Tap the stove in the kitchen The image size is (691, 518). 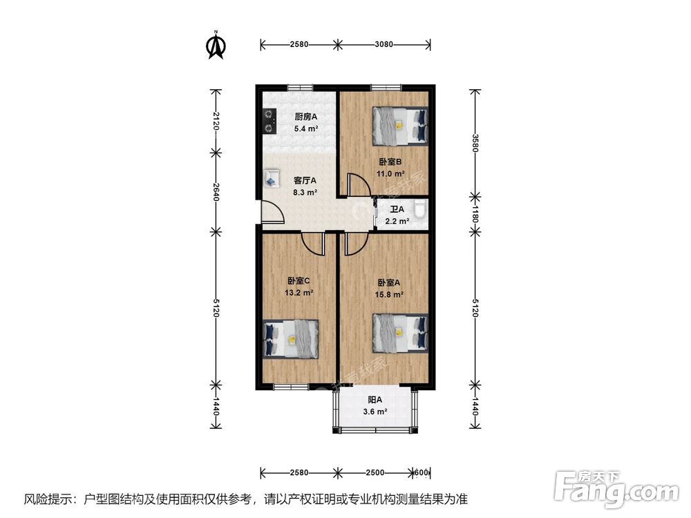pos(267,122)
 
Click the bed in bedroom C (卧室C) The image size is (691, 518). pos(291,338)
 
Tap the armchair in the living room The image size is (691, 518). pos(272,178)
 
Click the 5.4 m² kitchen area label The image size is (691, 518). pos(305,128)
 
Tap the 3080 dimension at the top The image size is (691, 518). pos(384,45)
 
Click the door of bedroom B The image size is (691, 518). pos(357,184)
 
